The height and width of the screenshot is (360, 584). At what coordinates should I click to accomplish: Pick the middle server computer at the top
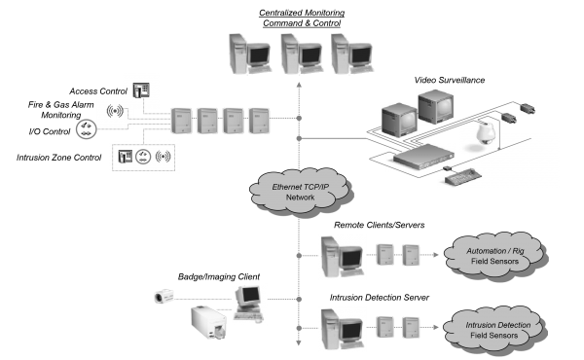[x=298, y=54]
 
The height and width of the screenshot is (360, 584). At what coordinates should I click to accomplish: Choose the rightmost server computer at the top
[x=349, y=54]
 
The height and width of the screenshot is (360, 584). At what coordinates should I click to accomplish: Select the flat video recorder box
[x=421, y=157]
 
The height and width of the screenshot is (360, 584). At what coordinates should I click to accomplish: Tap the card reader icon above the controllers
[x=141, y=89]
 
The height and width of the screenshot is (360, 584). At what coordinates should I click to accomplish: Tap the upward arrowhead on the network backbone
[x=299, y=87]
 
